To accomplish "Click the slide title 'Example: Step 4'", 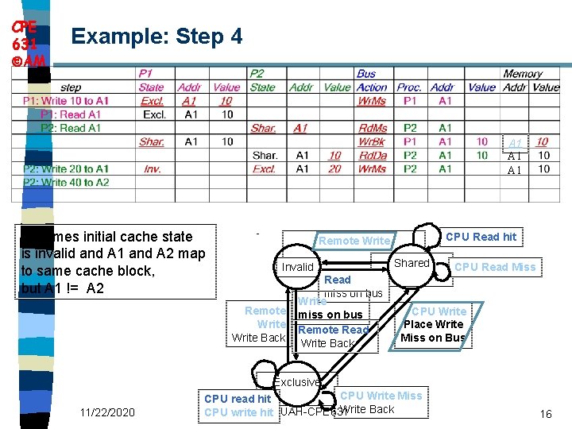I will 157,36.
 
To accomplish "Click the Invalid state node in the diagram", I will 298,267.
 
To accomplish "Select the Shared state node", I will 412,263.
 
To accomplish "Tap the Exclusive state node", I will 297,382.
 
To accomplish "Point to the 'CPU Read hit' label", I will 481,237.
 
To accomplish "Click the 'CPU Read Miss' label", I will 495,268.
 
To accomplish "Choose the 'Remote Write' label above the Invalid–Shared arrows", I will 354,241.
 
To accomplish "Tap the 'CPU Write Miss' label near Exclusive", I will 381,396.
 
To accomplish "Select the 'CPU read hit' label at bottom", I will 238,399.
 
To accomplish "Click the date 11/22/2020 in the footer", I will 107,412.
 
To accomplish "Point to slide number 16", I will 545,415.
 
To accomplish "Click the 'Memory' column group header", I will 522,74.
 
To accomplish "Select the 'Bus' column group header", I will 366,74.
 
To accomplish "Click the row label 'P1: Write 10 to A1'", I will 66,101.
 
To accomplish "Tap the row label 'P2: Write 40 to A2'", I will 66,182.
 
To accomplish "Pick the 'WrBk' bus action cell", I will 372,141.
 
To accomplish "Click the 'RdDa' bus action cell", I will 372,155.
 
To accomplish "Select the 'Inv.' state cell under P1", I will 152,168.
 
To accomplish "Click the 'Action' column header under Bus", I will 372,87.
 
